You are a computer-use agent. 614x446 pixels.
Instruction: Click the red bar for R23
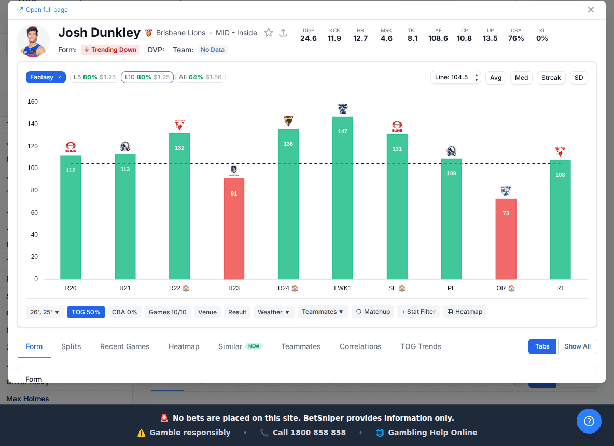[234, 229]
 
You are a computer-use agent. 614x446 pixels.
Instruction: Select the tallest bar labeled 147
[343, 198]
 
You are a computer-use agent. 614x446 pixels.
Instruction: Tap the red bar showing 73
[506, 239]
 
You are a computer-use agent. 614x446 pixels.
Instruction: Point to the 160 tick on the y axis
[33, 102]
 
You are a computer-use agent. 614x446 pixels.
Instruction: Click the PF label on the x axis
[452, 288]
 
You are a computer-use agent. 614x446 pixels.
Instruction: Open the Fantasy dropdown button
[46, 77]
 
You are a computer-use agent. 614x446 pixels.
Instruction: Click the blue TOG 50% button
[86, 312]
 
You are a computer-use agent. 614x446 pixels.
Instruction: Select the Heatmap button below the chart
[465, 312]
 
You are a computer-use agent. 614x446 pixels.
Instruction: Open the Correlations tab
[360, 346]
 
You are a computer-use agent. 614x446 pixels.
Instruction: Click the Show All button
[577, 346]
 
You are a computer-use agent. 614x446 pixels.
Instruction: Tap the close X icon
[591, 10]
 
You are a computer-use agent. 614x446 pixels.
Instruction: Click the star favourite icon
[269, 33]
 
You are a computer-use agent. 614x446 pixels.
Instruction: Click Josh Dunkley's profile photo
[33, 40]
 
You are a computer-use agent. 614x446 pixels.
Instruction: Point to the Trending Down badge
[110, 50]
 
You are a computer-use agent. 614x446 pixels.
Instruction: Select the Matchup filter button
[373, 312]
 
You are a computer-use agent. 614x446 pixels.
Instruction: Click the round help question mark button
[589, 421]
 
